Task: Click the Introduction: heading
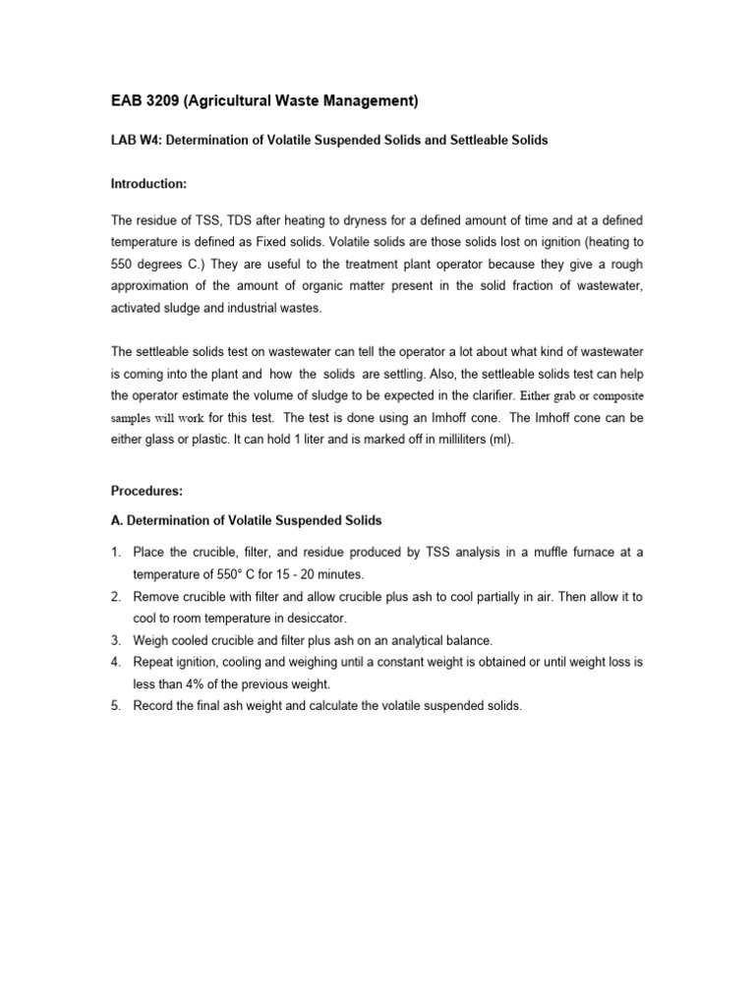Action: coord(147,184)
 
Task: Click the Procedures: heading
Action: coord(146,490)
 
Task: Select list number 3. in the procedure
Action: coord(116,640)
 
